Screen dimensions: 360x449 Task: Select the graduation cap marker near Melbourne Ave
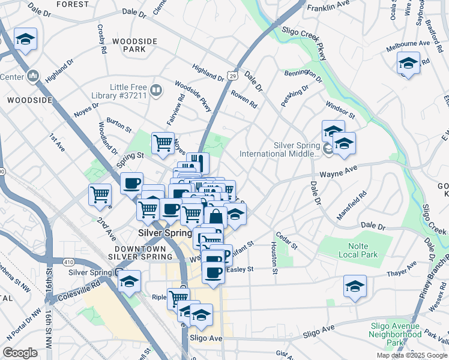pos(408,62)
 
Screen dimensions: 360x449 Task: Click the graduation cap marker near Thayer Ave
pos(355,286)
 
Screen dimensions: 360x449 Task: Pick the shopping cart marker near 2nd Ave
pos(100,194)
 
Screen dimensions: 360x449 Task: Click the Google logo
pos(20,353)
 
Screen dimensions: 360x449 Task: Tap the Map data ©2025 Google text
pos(411,355)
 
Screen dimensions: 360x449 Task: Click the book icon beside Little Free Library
pos(156,91)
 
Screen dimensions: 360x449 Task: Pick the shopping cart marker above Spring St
pos(163,143)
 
